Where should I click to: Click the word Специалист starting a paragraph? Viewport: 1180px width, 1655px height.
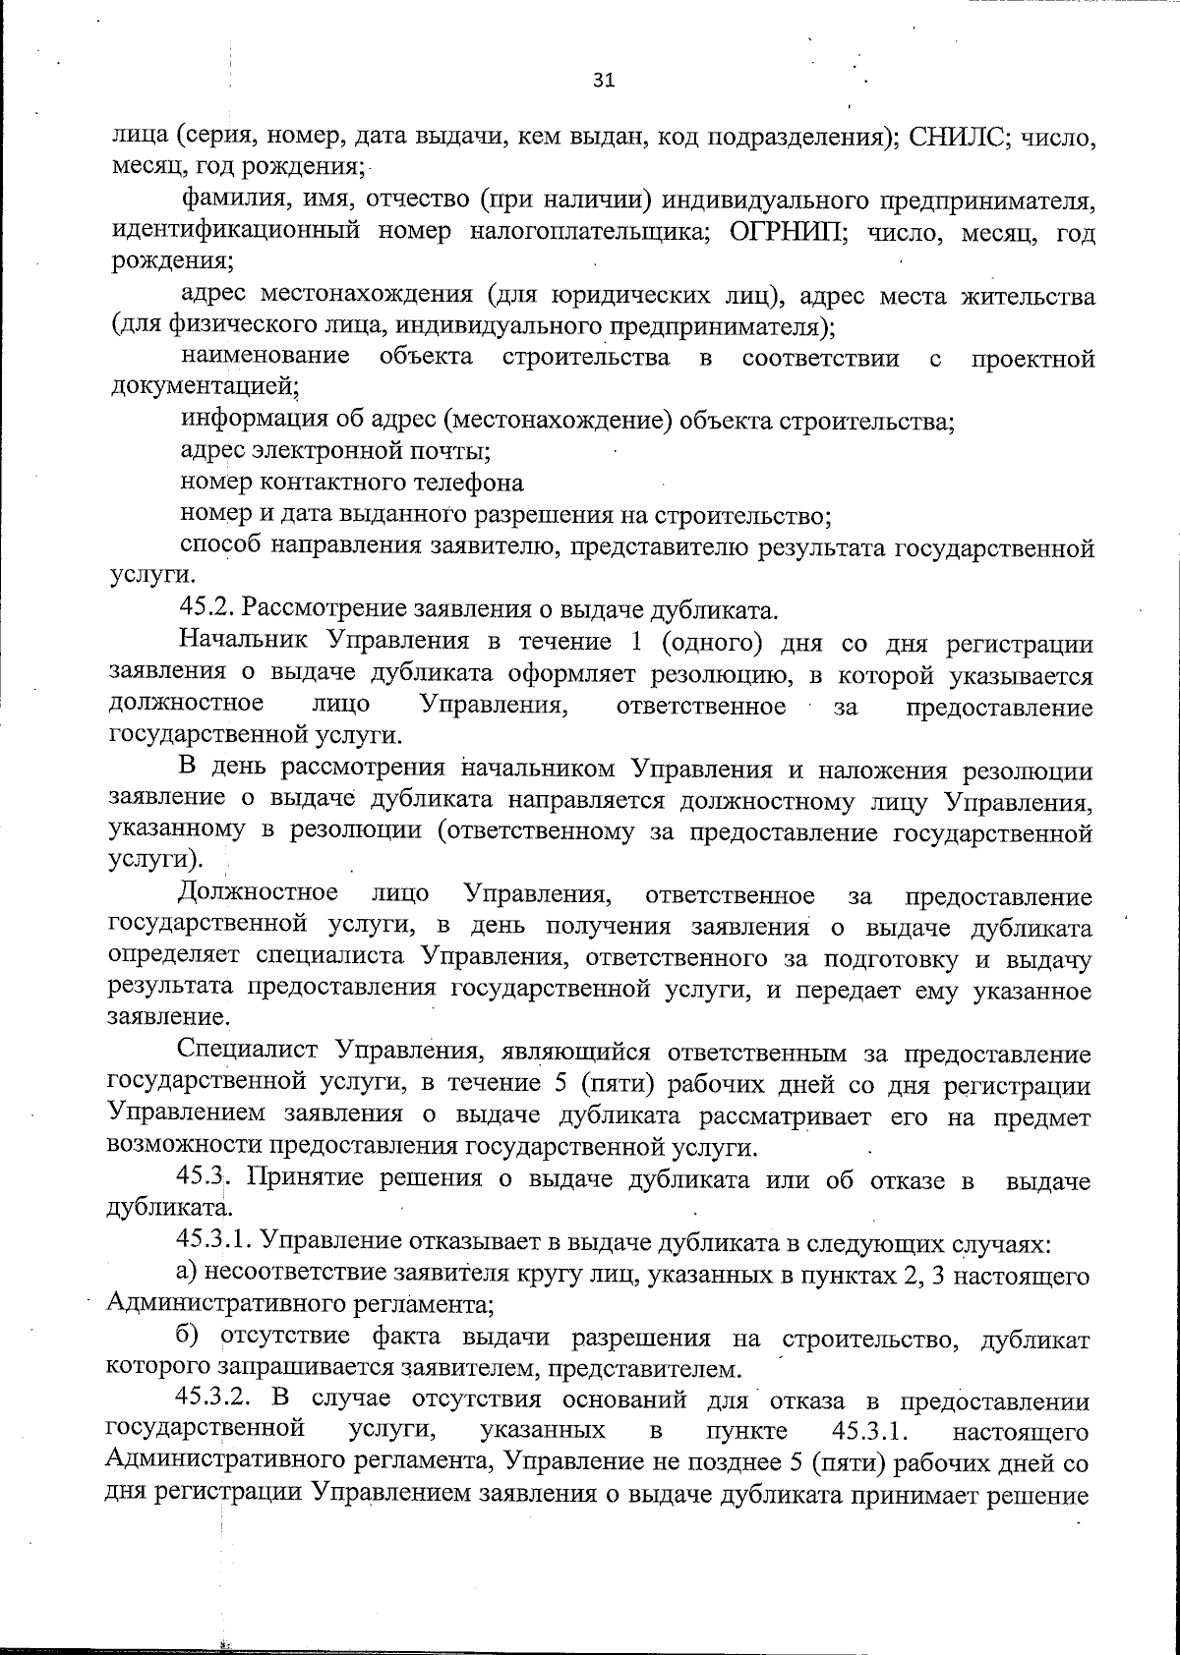250,1055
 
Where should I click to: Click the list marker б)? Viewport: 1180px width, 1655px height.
190,1338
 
